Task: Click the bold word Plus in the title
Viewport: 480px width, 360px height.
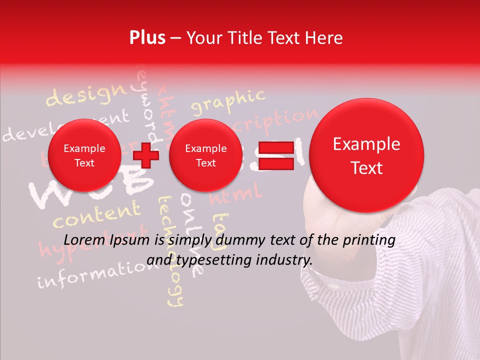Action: point(147,38)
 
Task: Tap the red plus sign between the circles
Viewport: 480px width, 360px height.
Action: point(146,155)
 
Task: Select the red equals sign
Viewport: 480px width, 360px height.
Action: point(275,155)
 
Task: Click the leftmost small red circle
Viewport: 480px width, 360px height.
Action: point(84,155)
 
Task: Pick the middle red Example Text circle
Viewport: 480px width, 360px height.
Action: point(205,155)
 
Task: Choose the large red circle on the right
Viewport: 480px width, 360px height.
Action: point(366,155)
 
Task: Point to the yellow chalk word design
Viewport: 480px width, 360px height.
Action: point(86,95)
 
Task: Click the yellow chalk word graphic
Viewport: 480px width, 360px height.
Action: point(228,101)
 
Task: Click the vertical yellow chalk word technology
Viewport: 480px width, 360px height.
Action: point(170,250)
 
